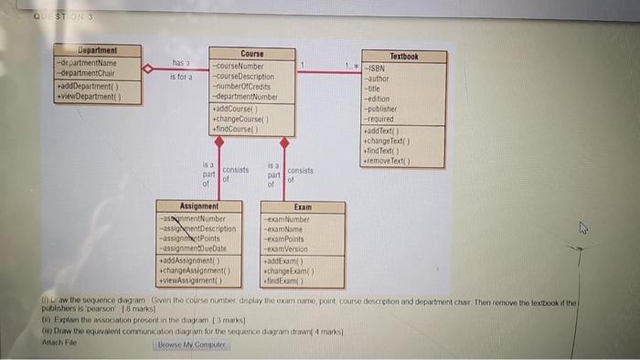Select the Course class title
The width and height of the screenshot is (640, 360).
[251, 55]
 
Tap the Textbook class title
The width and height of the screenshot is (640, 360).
[403, 57]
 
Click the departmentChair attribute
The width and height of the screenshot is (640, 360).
[90, 72]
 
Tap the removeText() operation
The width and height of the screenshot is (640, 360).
[391, 161]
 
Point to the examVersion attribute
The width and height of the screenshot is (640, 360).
[290, 249]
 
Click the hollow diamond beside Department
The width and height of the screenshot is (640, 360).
[147, 69]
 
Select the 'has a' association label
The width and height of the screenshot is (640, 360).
[180, 62]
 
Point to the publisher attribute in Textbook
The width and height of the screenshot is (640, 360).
[383, 109]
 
